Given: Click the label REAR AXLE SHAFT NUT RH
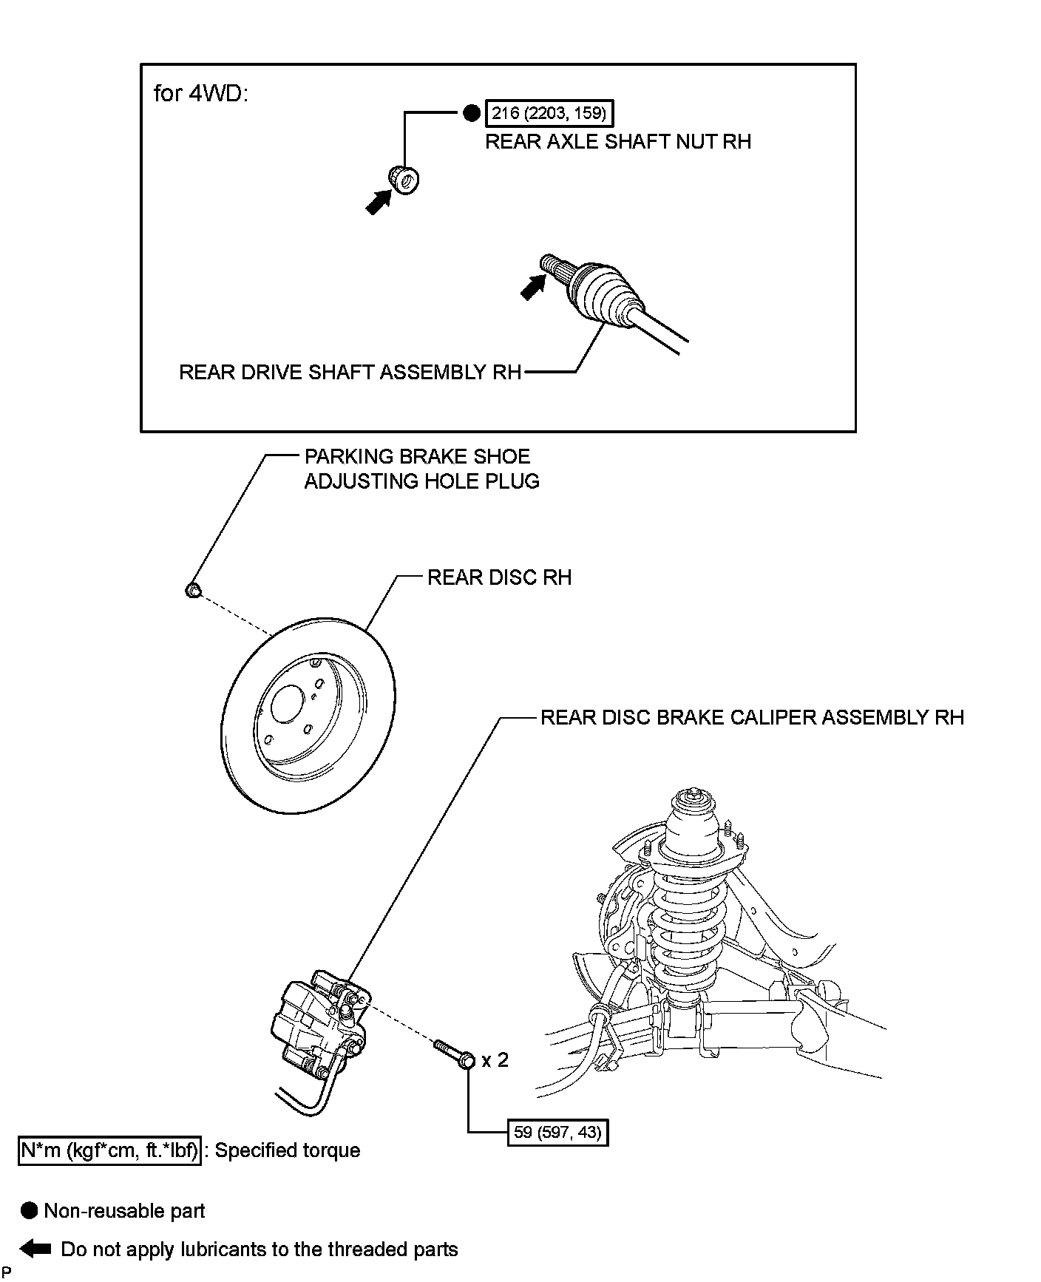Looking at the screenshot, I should [617, 142].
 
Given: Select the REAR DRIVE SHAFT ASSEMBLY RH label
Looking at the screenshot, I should [350, 372].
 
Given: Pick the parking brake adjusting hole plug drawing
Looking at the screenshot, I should [192, 590].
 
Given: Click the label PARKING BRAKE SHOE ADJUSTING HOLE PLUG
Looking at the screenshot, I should [421, 469].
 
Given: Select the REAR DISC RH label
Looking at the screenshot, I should [499, 577].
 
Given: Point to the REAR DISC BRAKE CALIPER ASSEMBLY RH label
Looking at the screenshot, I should [752, 717].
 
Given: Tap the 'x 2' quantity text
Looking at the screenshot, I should [495, 1060].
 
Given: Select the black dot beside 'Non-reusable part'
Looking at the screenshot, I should [30, 1210].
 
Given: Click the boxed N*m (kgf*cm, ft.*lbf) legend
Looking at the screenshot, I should [109, 1151].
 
